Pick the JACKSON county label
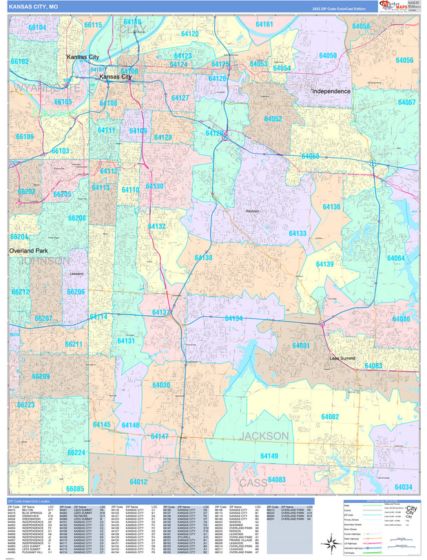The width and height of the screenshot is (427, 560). (x=264, y=436)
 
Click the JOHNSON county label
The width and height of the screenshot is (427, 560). (x=43, y=261)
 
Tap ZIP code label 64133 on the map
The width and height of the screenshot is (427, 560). (x=298, y=234)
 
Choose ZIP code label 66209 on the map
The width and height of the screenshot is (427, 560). (x=41, y=377)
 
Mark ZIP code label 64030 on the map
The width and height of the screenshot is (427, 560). (x=161, y=385)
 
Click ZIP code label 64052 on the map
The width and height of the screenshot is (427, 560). (x=273, y=119)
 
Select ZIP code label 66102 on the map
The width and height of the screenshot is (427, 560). (x=19, y=61)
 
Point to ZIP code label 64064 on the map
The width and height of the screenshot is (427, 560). (x=395, y=258)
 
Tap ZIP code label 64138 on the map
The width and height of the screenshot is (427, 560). (x=203, y=257)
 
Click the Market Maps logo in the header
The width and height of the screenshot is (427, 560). (x=391, y=6)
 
